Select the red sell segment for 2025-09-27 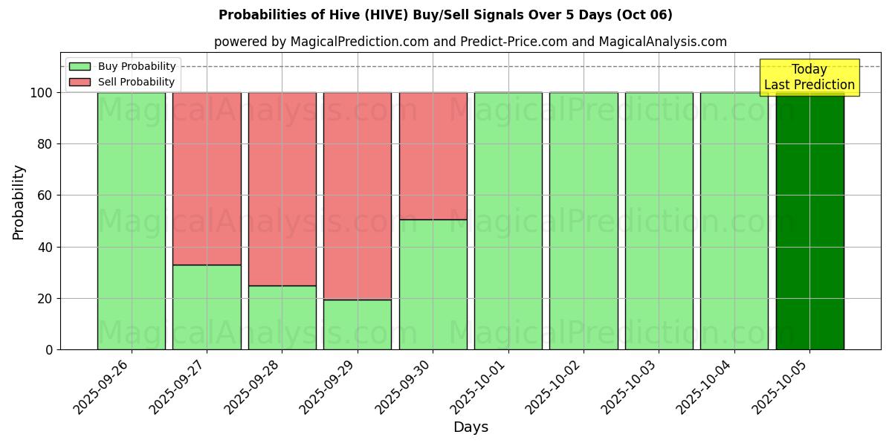[x=207, y=178]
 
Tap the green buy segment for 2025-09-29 [x=358, y=325]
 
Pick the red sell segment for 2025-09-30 [x=433, y=156]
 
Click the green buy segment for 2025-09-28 [x=282, y=317]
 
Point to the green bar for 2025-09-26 [x=132, y=221]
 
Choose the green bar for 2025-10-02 [x=584, y=221]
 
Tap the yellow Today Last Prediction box [x=809, y=77]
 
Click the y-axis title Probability [x=19, y=202]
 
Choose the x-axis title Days [x=471, y=427]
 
